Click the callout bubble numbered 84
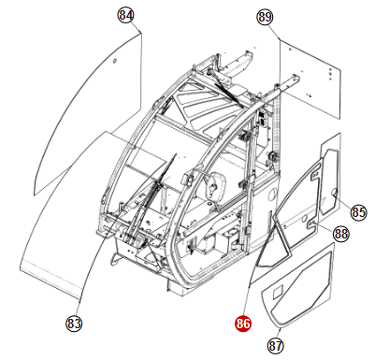126,15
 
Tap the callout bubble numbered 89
265,17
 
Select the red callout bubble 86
243,324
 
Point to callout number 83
74,324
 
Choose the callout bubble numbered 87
276,345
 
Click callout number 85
358,212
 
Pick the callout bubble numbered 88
341,234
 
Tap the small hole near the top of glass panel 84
114,61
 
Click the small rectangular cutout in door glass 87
278,293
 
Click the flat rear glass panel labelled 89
310,79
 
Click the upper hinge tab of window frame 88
314,175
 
